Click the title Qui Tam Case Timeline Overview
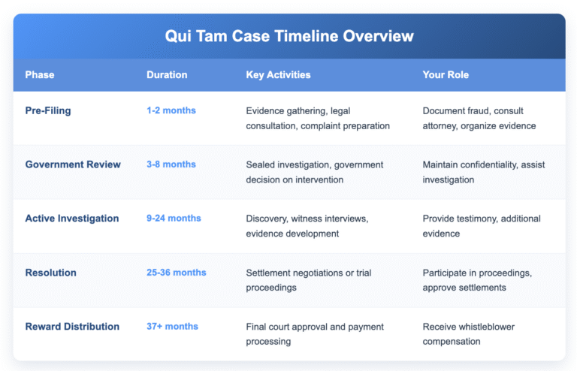[x=288, y=36]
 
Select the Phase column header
[x=40, y=75]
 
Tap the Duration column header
[x=167, y=75]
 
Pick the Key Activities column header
[x=278, y=75]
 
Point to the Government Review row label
[x=73, y=164]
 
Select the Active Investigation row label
[x=72, y=219]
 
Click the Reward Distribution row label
[x=72, y=327]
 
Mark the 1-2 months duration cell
[x=171, y=110]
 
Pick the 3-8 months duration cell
[x=171, y=164]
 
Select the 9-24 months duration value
[x=174, y=219]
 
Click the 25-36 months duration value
[x=177, y=273]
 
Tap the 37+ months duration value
[x=173, y=327]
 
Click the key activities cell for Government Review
[x=315, y=172]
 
